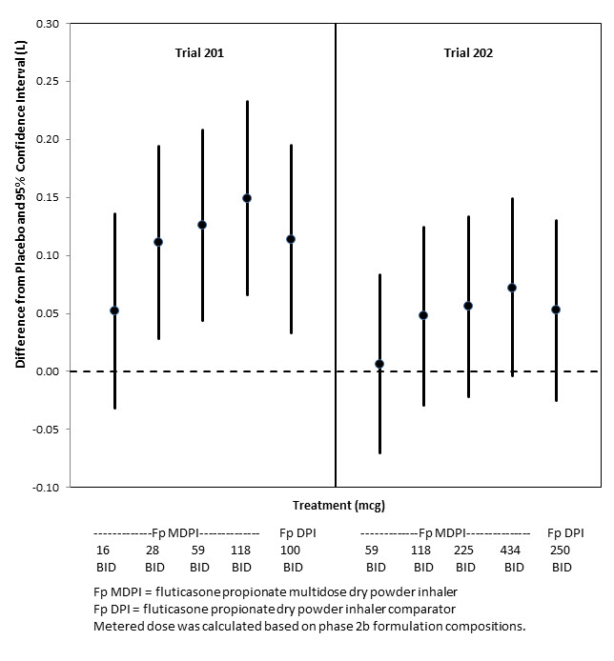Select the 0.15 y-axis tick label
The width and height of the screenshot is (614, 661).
point(44,197)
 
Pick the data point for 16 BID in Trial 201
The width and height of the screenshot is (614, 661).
point(114,310)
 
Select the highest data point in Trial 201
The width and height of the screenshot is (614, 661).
point(247,198)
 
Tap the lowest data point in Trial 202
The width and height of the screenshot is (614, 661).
point(379,364)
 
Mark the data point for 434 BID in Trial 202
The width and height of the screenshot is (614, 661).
point(512,288)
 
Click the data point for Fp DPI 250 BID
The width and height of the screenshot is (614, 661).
point(556,310)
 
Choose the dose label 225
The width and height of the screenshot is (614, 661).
point(464,551)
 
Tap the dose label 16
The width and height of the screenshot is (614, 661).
point(103,551)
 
